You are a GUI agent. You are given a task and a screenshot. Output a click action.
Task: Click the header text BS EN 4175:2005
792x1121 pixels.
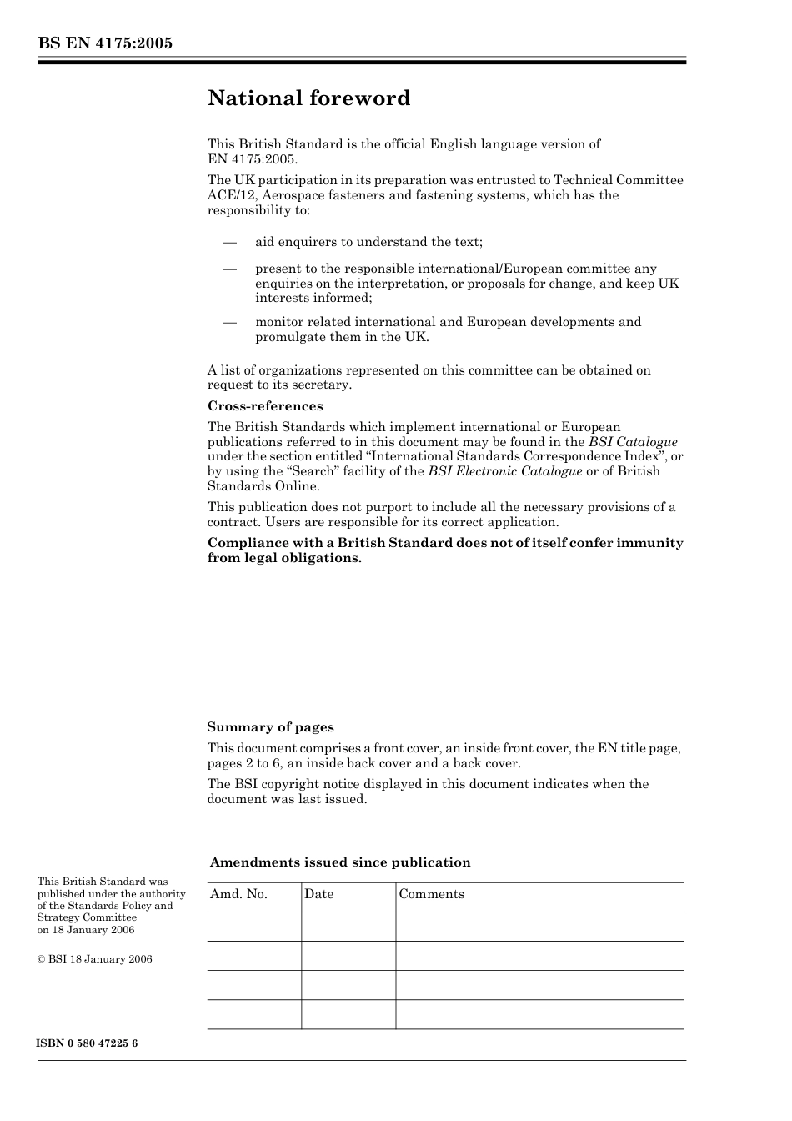coord(104,43)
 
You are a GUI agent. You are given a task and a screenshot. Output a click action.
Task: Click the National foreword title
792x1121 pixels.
coord(308,98)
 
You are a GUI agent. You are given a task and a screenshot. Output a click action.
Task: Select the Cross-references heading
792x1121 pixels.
coord(264,406)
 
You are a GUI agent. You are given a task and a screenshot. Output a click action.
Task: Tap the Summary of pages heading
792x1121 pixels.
coord(270,727)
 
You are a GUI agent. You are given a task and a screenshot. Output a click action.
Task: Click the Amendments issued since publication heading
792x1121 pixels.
coord(340,862)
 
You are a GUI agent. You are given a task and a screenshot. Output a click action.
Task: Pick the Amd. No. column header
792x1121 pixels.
coord(238,894)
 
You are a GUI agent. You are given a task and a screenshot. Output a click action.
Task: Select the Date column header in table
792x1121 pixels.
coord(318,894)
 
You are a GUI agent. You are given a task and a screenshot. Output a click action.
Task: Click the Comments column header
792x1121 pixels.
coord(431,894)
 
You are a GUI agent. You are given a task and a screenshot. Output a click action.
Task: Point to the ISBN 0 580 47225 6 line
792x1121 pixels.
coord(88,1043)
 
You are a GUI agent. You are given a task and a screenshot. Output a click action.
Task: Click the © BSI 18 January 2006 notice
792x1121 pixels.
coord(94,959)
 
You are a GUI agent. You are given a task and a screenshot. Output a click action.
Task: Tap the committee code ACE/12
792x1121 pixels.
coord(231,195)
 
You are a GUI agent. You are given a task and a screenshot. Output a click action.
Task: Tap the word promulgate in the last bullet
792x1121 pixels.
coord(293,337)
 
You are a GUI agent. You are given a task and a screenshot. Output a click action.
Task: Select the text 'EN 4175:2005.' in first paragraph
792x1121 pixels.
coord(252,159)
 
